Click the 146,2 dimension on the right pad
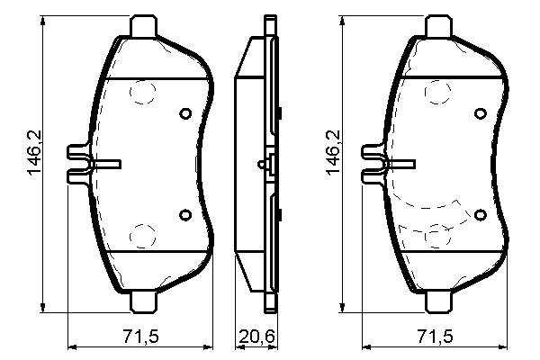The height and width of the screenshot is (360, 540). pyautogui.click(x=333, y=153)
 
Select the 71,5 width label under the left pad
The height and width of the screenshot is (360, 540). pyautogui.click(x=141, y=337)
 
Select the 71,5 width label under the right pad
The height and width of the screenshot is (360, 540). pyautogui.click(x=436, y=337)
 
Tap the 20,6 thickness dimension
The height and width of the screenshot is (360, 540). pyautogui.click(x=257, y=337)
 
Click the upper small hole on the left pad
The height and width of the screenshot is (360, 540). pyautogui.click(x=185, y=113)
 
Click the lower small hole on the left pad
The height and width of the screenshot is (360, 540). pyautogui.click(x=185, y=214)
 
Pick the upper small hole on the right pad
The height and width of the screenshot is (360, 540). pyautogui.click(x=481, y=113)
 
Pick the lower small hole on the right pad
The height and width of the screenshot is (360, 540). pyautogui.click(x=481, y=214)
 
